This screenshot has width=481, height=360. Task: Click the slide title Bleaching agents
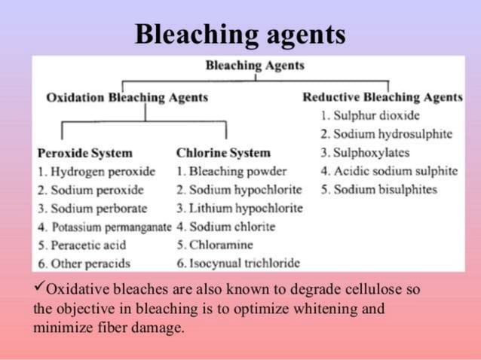point(240,34)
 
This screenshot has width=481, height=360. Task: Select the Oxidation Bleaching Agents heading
point(127,98)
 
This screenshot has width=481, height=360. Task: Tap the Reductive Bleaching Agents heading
point(382,98)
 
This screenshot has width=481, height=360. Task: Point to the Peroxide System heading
point(85,153)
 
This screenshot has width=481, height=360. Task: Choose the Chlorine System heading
point(223,153)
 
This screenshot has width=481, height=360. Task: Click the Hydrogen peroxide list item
point(97,171)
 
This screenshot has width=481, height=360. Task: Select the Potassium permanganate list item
point(104,227)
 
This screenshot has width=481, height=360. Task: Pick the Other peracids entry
point(84,263)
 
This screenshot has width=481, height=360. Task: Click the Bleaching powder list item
point(231,171)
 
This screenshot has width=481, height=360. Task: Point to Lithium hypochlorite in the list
point(239,208)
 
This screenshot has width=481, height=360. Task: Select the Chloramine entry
point(215,245)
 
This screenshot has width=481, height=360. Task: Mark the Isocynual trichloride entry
point(238,263)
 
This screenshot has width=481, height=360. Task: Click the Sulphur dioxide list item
point(369,116)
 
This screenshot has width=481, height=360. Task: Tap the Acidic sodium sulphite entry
point(388,171)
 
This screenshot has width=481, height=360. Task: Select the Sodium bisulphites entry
point(378,189)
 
